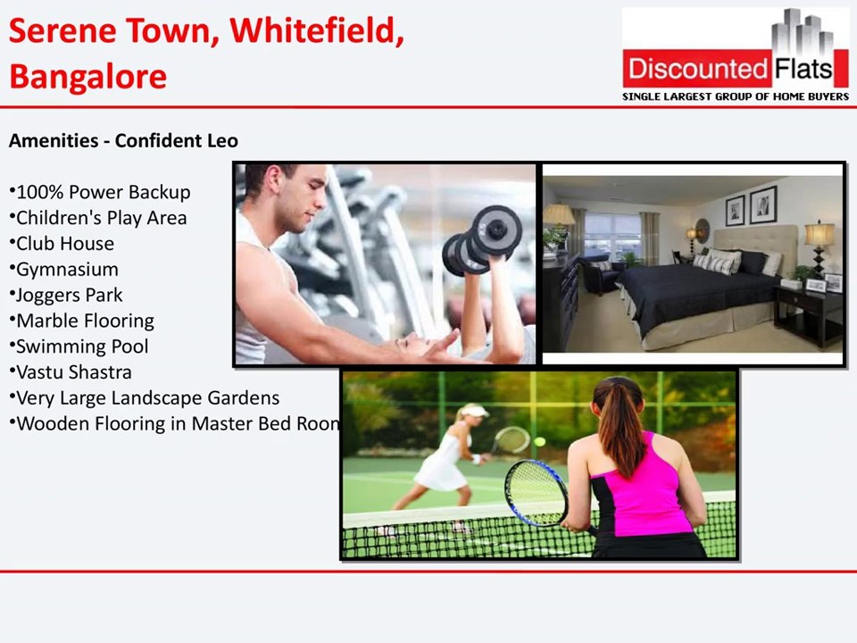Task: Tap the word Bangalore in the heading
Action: pyautogui.click(x=87, y=76)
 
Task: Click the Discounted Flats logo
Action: pyautogui.click(x=735, y=54)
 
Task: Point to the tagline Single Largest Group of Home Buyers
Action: pyautogui.click(x=735, y=96)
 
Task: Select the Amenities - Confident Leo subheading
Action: pyautogui.click(x=123, y=141)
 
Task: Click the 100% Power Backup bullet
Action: pyautogui.click(x=101, y=192)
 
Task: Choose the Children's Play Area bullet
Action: pyautogui.click(x=99, y=218)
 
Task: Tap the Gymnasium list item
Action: pyautogui.click(x=65, y=270)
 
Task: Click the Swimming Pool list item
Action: pyautogui.click(x=80, y=347)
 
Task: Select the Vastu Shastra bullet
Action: pyautogui.click(x=72, y=372)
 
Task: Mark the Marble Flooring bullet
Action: pyautogui.click(x=83, y=321)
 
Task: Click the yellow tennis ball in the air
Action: pyautogui.click(x=539, y=441)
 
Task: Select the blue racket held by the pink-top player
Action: pyautogui.click(x=535, y=491)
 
